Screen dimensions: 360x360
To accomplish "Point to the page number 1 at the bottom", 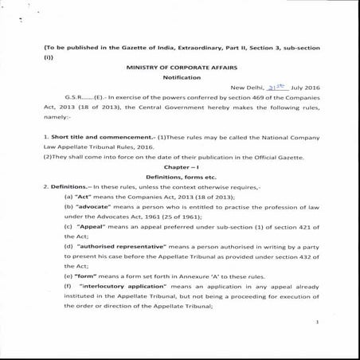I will pos(316,321).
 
